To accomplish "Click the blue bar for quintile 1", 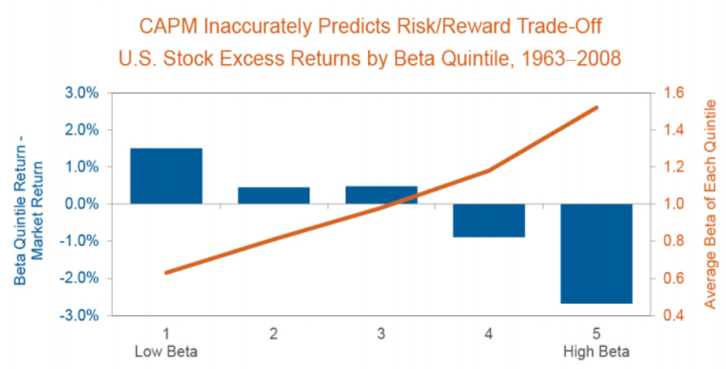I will click(x=166, y=176).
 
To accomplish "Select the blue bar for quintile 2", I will click(x=274, y=195).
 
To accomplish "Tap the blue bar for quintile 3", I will click(x=381, y=194).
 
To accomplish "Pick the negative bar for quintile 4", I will click(x=489, y=220).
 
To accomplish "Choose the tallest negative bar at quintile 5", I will click(x=596, y=254).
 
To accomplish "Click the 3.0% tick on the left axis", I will click(x=81, y=93).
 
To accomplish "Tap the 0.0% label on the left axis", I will click(x=81, y=204).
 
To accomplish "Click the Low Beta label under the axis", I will click(x=166, y=352).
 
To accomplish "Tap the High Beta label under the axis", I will click(x=596, y=352).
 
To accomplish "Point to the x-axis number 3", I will click(x=381, y=334).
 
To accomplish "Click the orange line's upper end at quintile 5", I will click(x=596, y=108).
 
